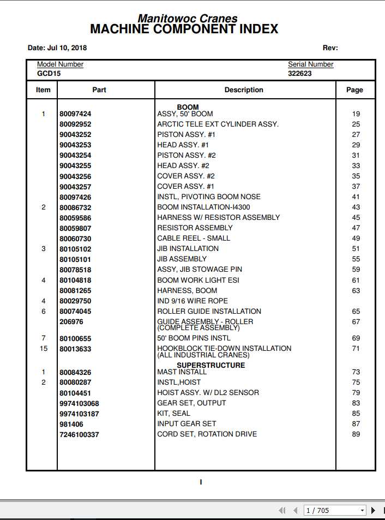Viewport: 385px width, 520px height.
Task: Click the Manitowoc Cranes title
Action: point(187,18)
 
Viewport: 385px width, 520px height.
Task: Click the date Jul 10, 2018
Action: point(57,48)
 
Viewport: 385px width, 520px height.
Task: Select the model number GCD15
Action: point(49,73)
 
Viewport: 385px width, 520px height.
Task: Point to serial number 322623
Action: point(300,73)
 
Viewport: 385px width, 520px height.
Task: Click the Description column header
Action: point(244,90)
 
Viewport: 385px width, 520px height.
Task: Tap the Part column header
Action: point(99,90)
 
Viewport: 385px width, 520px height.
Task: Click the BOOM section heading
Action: point(188,107)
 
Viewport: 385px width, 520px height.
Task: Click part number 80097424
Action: point(75,114)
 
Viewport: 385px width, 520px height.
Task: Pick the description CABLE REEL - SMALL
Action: point(194,238)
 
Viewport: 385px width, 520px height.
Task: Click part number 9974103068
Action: point(79,403)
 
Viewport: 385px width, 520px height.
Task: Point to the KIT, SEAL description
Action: point(173,414)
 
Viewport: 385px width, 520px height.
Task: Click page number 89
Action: point(356,434)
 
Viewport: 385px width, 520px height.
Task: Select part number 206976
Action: point(71,322)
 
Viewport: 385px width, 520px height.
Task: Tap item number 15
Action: point(44,349)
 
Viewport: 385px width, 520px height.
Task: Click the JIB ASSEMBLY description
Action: point(182,259)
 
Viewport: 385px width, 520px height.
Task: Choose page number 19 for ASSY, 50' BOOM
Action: point(356,114)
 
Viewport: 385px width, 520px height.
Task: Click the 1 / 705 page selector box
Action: point(334,510)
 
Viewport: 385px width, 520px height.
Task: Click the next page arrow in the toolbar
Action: point(373,510)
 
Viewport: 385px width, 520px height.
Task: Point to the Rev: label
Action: point(330,48)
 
